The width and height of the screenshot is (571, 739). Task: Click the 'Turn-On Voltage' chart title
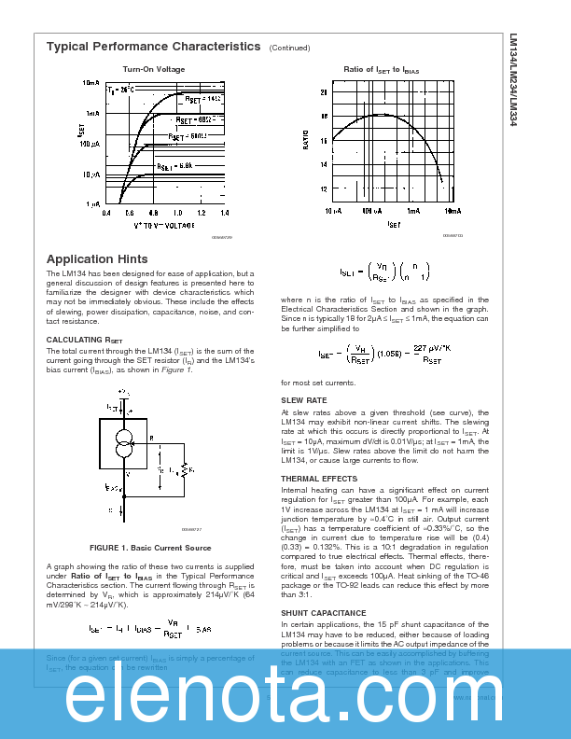point(154,69)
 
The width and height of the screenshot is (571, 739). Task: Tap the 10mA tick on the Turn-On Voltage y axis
point(91,83)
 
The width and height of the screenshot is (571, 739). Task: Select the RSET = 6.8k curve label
point(174,165)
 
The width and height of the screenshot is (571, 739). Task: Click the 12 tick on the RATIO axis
point(324,189)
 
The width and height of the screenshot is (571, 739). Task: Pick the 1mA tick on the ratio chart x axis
point(412,212)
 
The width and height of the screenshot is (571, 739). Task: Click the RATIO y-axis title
point(305,141)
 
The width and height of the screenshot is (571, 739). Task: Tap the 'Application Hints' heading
point(97,258)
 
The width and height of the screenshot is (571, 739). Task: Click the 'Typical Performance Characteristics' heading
point(154,46)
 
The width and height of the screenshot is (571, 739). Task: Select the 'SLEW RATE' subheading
point(304,400)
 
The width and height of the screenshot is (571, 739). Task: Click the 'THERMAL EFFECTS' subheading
point(319,479)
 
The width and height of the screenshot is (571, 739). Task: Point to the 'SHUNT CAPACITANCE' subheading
point(324,614)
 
